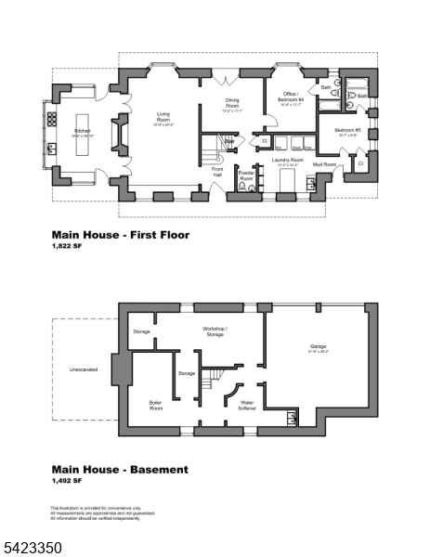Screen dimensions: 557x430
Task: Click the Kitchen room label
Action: pyautogui.click(x=83, y=131)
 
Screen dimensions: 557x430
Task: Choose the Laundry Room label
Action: pyautogui.click(x=287, y=160)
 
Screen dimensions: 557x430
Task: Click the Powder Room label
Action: pyautogui.click(x=246, y=174)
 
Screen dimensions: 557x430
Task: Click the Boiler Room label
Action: pyautogui.click(x=155, y=404)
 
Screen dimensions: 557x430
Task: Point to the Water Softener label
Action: pyautogui.click(x=246, y=404)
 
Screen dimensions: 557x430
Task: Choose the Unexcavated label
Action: pyautogui.click(x=83, y=369)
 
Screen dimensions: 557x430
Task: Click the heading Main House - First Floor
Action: pyautogui.click(x=120, y=235)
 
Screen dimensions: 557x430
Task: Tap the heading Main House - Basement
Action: pyautogui.click(x=119, y=470)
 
